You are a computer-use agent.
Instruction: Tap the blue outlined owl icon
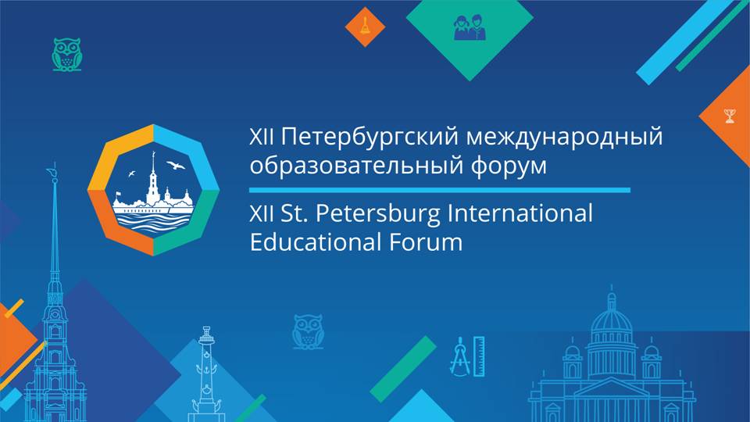click(x=308, y=331)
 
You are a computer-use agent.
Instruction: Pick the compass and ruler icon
click(x=467, y=355)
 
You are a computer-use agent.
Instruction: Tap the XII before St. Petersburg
click(x=261, y=213)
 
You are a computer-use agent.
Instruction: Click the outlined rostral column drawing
click(x=205, y=367)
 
